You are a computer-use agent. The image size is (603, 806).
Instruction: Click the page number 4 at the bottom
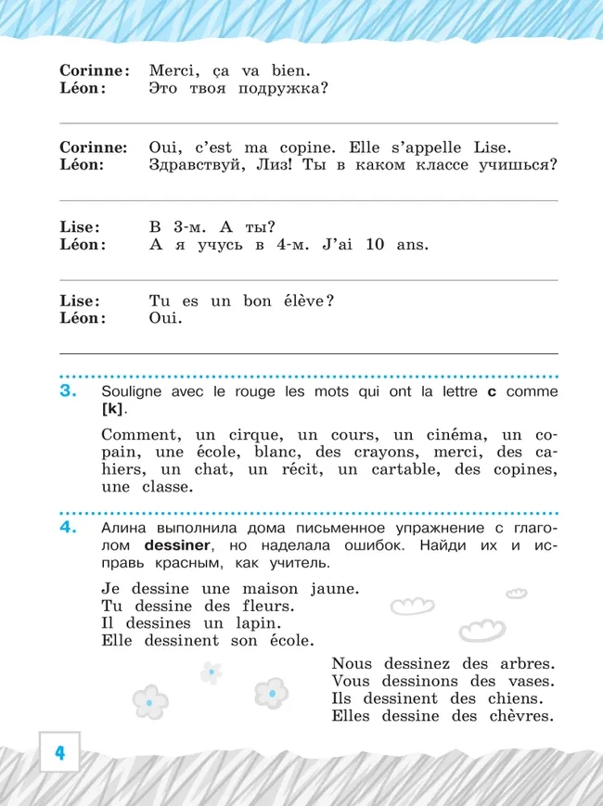(x=58, y=752)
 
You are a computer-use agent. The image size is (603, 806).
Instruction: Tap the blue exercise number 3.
(x=69, y=391)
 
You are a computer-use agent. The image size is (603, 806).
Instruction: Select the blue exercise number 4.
(x=69, y=528)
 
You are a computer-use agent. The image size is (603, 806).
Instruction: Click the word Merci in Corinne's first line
(x=174, y=70)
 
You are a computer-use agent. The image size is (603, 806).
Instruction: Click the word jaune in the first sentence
(x=330, y=589)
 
